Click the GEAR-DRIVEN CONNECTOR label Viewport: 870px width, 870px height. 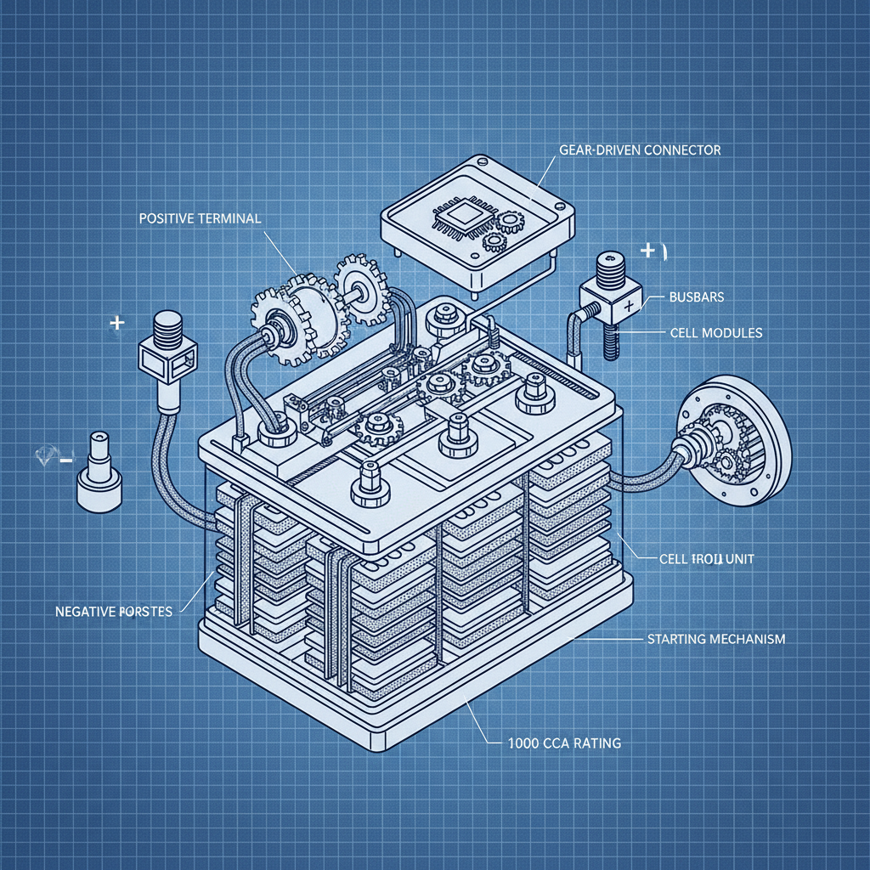[640, 150]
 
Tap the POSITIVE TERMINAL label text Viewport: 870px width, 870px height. [199, 218]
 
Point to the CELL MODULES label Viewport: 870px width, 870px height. [710, 333]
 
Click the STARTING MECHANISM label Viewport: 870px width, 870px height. [716, 637]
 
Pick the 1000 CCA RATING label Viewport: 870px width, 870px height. [556, 743]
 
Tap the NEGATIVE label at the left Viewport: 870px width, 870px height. [113, 611]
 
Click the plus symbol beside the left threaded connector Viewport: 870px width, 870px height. [117, 324]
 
